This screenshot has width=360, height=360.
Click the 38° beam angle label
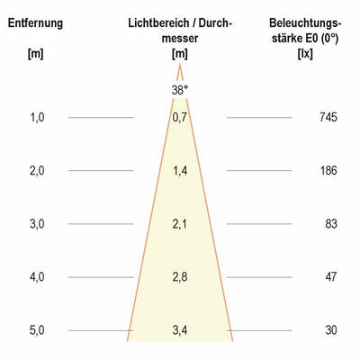click(x=180, y=90)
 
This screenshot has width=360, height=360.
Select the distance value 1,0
click(x=36, y=117)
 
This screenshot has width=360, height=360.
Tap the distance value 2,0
click(x=36, y=170)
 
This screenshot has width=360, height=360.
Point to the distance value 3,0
click(x=36, y=223)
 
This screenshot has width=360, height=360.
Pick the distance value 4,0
click(x=36, y=277)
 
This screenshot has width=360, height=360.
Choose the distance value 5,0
click(x=36, y=330)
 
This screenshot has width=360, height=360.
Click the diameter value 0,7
click(x=180, y=117)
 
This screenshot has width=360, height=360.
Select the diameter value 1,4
click(x=180, y=170)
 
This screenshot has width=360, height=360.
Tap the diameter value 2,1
click(x=180, y=223)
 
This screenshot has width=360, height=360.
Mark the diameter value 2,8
click(x=180, y=277)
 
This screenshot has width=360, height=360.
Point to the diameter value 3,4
click(x=180, y=330)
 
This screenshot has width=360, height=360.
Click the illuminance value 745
click(x=327, y=117)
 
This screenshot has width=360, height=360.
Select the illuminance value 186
click(x=327, y=170)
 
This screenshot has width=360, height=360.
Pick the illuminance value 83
click(x=330, y=223)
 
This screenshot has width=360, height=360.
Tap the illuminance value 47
click(x=330, y=277)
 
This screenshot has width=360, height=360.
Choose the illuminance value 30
click(x=330, y=330)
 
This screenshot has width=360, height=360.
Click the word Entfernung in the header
click(x=35, y=22)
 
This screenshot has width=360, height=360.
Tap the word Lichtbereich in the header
click(x=157, y=22)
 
